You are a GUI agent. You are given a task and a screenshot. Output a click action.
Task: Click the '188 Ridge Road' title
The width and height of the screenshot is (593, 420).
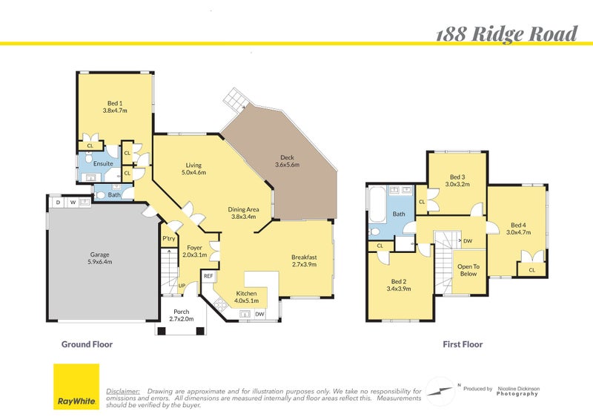click(506, 33)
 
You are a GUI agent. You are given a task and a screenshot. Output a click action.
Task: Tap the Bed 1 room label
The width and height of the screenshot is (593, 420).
click(114, 106)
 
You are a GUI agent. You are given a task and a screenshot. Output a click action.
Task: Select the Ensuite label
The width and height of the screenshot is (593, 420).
click(103, 163)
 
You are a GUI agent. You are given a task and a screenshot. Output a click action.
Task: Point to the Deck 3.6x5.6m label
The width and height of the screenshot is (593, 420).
click(286, 161)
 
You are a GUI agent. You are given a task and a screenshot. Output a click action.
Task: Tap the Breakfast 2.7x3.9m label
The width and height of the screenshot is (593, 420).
click(304, 261)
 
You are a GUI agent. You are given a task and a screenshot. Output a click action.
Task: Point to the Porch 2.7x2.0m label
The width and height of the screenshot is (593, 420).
click(181, 315)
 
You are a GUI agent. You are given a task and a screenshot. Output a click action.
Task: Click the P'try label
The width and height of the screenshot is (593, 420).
click(169, 238)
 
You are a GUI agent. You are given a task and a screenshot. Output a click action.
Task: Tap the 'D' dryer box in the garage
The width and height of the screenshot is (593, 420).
click(57, 202)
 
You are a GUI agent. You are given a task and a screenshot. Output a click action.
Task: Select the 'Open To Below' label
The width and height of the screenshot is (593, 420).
click(468, 269)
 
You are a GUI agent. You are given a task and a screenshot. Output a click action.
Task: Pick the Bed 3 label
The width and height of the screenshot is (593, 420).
click(457, 180)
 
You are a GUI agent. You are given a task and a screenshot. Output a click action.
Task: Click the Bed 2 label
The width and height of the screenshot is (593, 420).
click(399, 285)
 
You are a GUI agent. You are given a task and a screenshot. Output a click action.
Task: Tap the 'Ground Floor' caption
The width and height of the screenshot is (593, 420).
click(86, 344)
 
